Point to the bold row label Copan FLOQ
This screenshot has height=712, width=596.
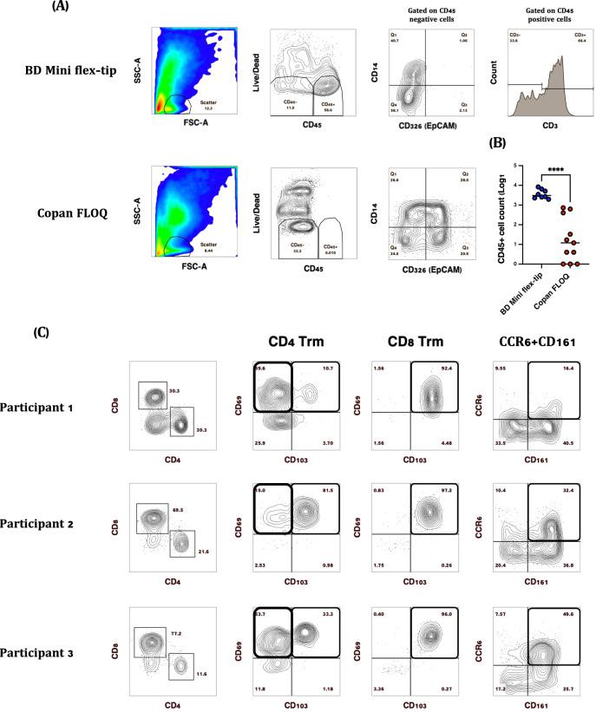point(70,210)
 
